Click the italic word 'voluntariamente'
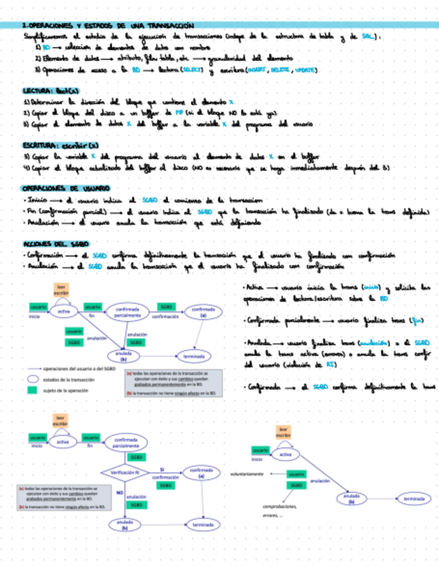pos(246,473)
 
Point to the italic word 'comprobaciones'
pos(280,506)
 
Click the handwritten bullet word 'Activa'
pos(256,286)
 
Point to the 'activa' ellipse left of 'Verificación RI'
pos(62,442)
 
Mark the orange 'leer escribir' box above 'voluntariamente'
pos(283,432)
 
